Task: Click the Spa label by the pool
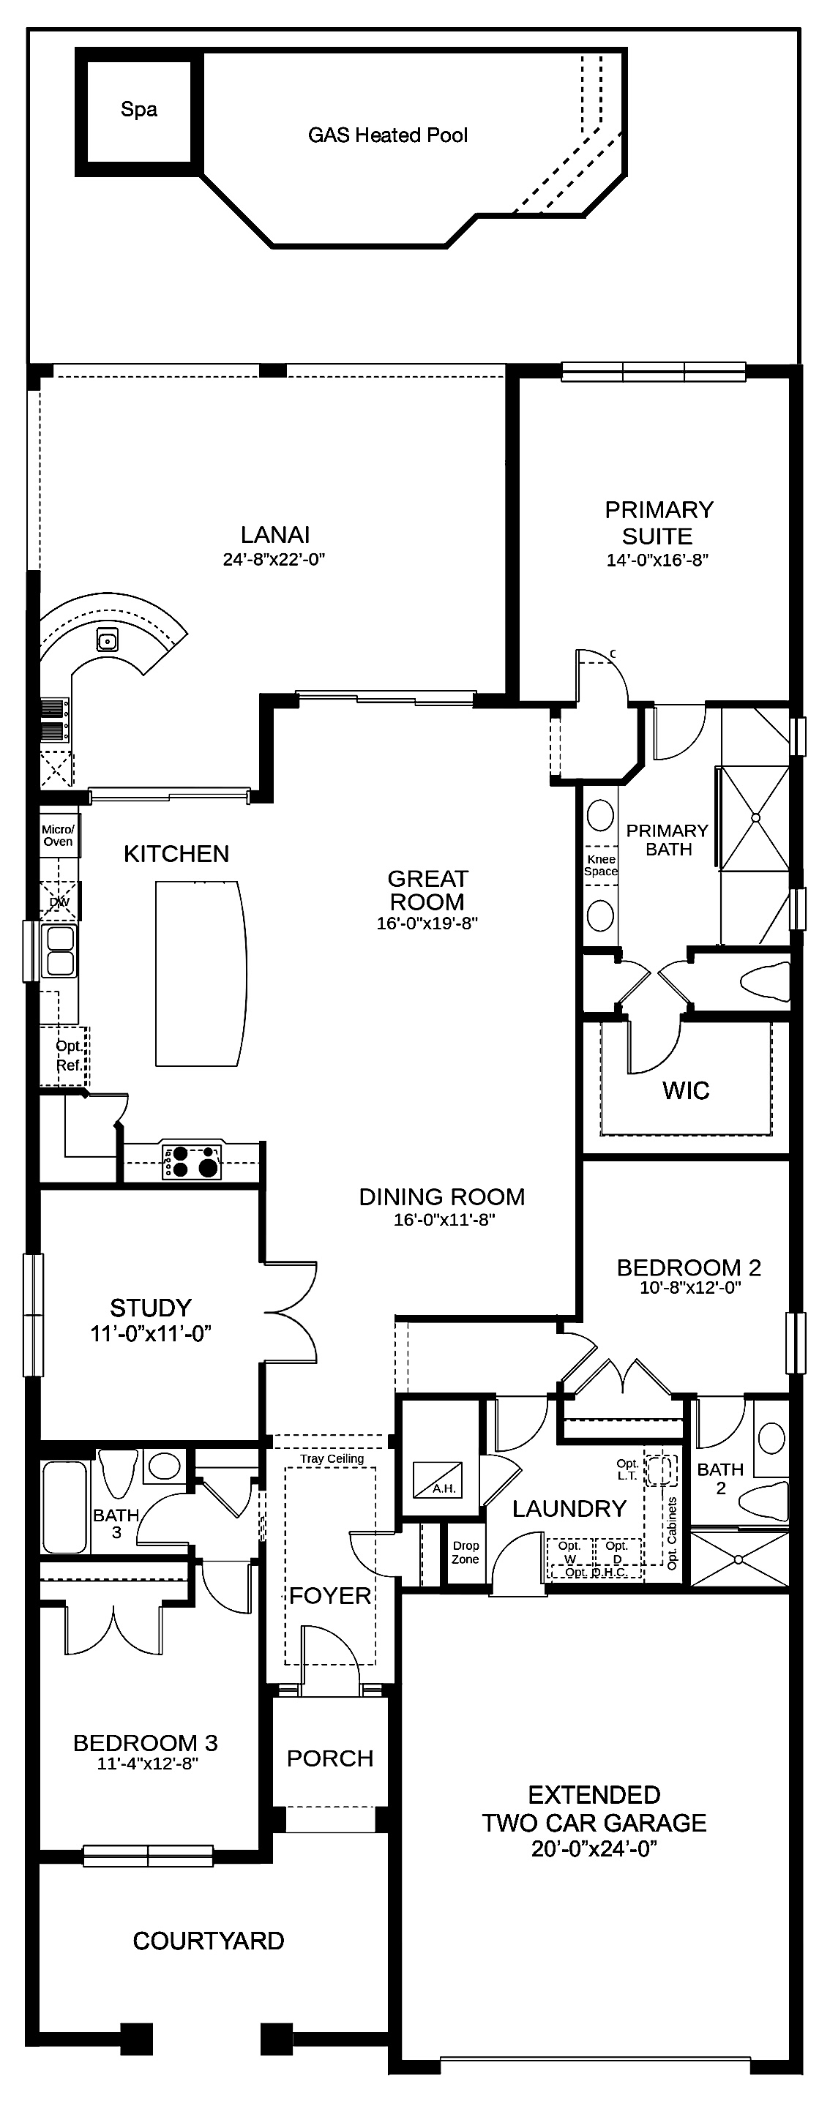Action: (x=139, y=110)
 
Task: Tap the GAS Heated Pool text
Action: (x=388, y=135)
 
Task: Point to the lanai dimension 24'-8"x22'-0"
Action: (x=274, y=559)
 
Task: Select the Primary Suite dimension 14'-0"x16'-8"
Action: (x=657, y=560)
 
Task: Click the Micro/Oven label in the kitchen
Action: (x=58, y=836)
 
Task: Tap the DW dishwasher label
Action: (x=60, y=902)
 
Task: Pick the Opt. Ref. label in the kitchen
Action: (x=69, y=1055)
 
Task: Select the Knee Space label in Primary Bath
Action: (x=601, y=865)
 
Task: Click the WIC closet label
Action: (x=686, y=1090)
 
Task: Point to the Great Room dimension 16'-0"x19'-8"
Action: (x=427, y=923)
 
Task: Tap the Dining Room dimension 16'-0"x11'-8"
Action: (x=445, y=1220)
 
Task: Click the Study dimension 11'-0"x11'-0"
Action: (x=152, y=1333)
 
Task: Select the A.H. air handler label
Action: (x=444, y=1488)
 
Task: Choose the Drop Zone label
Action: (x=466, y=1552)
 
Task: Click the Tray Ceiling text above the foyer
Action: (x=332, y=1458)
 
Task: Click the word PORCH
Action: (x=330, y=1758)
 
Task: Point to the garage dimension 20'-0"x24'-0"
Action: (x=594, y=1849)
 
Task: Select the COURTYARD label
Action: (x=209, y=1940)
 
